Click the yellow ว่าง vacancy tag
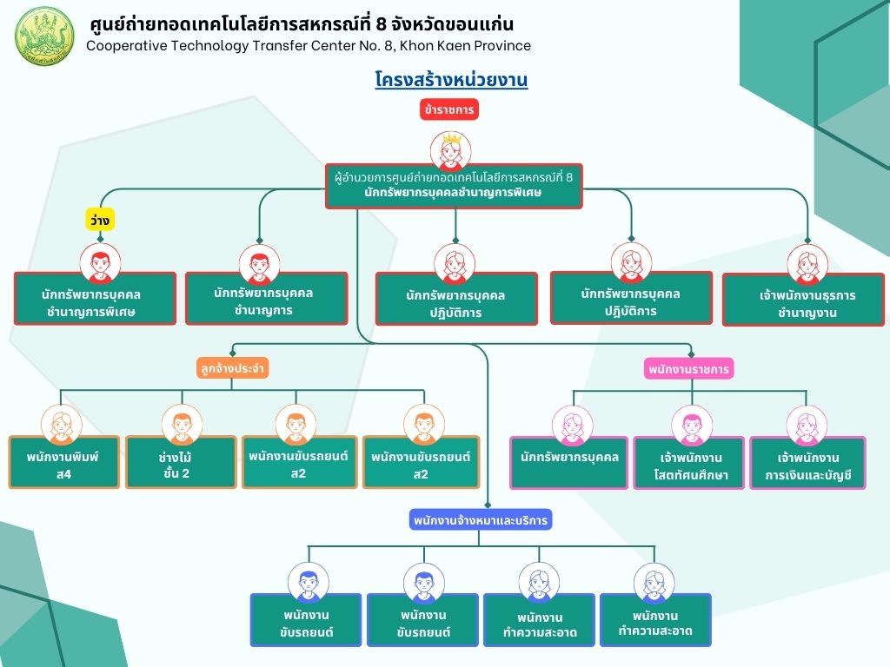coord(100,220)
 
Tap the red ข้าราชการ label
coord(449,109)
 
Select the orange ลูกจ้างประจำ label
coord(232,368)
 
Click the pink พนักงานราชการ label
coord(688,369)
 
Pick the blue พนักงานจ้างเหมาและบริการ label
coord(480,520)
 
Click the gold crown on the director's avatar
coord(451,138)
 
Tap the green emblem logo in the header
coord(44,36)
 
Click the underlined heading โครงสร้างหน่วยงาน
coord(451,79)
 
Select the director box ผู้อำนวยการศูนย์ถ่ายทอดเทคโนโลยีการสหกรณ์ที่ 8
coord(454,186)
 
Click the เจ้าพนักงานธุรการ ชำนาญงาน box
coord(803,300)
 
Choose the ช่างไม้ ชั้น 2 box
coord(181,462)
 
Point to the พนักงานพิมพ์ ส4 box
coord(64,462)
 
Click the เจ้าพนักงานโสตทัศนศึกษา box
coord(689,463)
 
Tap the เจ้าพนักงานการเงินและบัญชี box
coord(807,463)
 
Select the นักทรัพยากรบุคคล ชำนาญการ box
coord(266,299)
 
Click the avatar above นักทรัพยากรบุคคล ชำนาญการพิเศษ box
coord(101,264)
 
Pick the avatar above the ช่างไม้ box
coord(182,425)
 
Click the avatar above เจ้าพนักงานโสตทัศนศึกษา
coord(692,426)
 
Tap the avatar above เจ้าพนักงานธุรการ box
coord(807,265)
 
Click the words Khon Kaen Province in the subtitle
coord(466,46)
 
